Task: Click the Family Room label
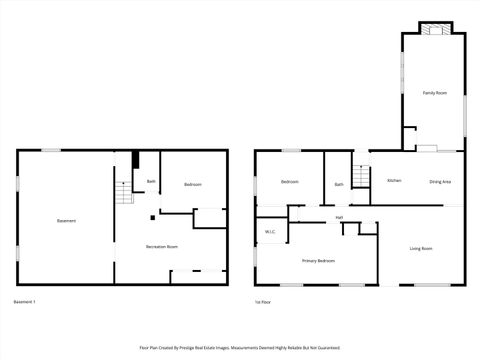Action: point(434,93)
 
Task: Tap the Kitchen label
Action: point(394,181)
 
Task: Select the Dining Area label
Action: point(440,181)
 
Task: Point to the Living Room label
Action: point(421,248)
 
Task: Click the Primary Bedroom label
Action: point(318,261)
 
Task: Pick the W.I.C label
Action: point(270,232)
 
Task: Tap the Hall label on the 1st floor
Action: point(339,217)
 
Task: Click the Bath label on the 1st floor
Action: point(339,184)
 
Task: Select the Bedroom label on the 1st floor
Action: point(290,182)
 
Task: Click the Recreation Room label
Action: point(162,246)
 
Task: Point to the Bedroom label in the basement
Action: point(192,185)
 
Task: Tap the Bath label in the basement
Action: point(151,181)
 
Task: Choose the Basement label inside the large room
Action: point(66,221)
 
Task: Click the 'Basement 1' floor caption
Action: point(25,301)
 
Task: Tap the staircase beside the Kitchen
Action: point(362,174)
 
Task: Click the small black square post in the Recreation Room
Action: point(152,217)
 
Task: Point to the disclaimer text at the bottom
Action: point(240,347)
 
